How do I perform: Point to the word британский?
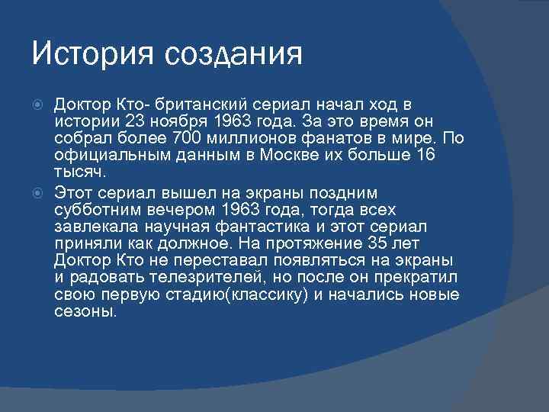click(188, 104)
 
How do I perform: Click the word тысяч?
click(78, 171)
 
